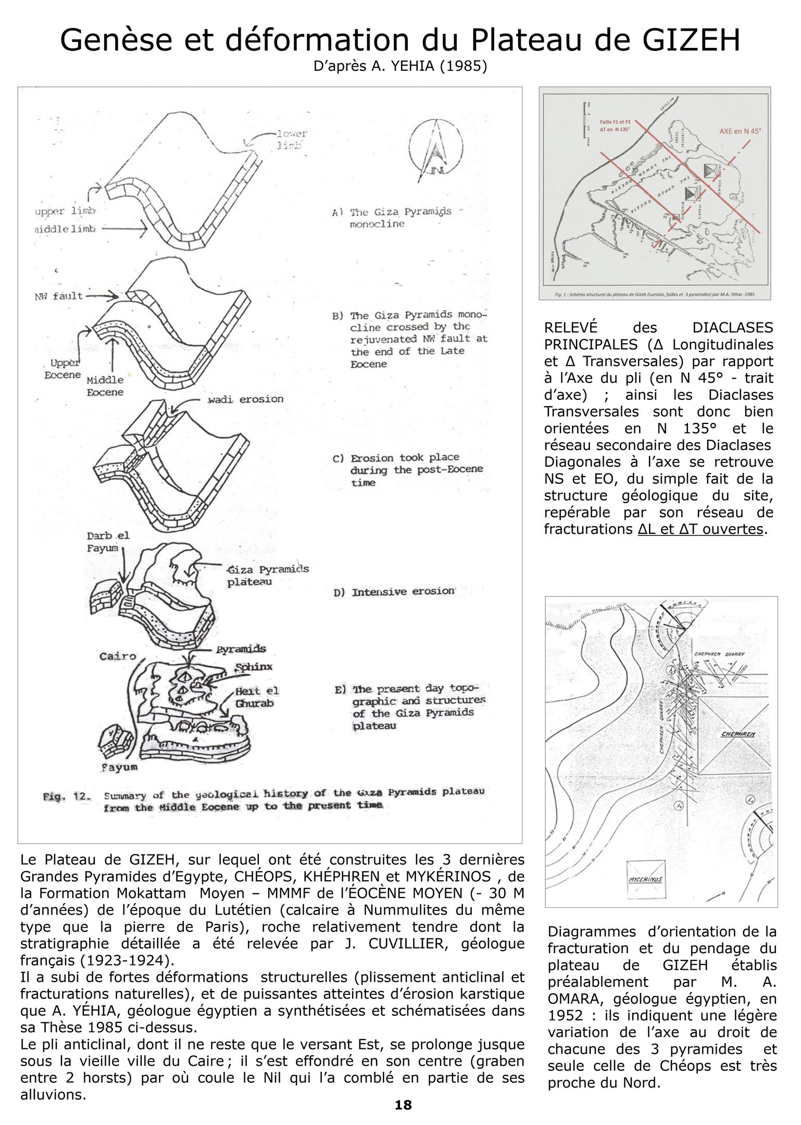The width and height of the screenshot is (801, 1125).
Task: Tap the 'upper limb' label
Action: pos(65,211)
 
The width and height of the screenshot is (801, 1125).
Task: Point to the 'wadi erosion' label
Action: pos(245,399)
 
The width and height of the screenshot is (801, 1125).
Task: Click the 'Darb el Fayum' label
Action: pos(107,542)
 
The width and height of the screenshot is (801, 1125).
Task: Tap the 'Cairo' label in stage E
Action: pos(118,656)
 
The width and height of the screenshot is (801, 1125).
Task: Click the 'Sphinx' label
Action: pos(254,667)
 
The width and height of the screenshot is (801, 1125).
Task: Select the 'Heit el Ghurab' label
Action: pos(257,697)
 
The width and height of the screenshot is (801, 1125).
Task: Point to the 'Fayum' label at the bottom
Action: pos(119,767)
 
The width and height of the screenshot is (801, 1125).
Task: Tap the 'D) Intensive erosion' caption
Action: pos(394,592)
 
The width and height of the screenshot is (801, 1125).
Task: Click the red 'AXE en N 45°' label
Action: pos(740,131)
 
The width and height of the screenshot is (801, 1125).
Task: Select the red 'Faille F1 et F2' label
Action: pos(615,122)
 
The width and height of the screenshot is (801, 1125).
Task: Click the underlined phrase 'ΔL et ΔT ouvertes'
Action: pos(700,529)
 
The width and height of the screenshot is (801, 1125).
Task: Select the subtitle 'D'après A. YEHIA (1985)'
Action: pos(400,67)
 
